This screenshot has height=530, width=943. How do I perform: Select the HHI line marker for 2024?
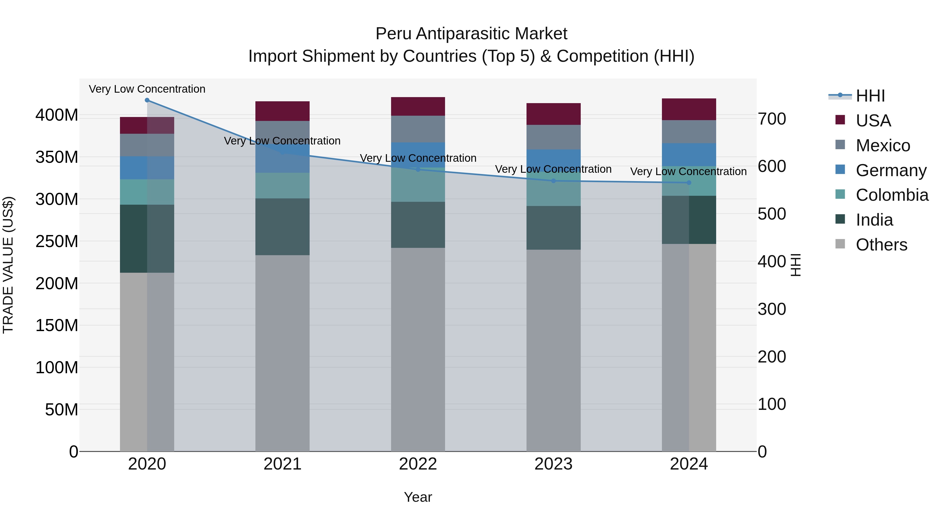point(689,182)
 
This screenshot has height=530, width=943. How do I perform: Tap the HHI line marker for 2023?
point(553,181)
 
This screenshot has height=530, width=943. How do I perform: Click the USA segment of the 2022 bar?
point(418,107)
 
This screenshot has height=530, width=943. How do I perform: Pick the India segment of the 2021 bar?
point(282,227)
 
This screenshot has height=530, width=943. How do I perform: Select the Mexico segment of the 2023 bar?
point(553,137)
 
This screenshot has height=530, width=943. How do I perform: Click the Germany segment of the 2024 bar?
point(689,155)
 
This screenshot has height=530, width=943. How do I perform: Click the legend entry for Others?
point(881,245)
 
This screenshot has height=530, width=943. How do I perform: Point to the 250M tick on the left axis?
point(57,241)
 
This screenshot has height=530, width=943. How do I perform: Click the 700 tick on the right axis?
point(772,119)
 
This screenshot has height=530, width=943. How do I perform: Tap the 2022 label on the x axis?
point(418,464)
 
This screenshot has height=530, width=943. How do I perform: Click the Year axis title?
point(418,497)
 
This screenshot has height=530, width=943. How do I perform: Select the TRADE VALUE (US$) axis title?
point(8,265)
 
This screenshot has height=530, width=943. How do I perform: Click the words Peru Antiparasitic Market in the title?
point(471,34)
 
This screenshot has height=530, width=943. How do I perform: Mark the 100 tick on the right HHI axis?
point(772,404)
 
